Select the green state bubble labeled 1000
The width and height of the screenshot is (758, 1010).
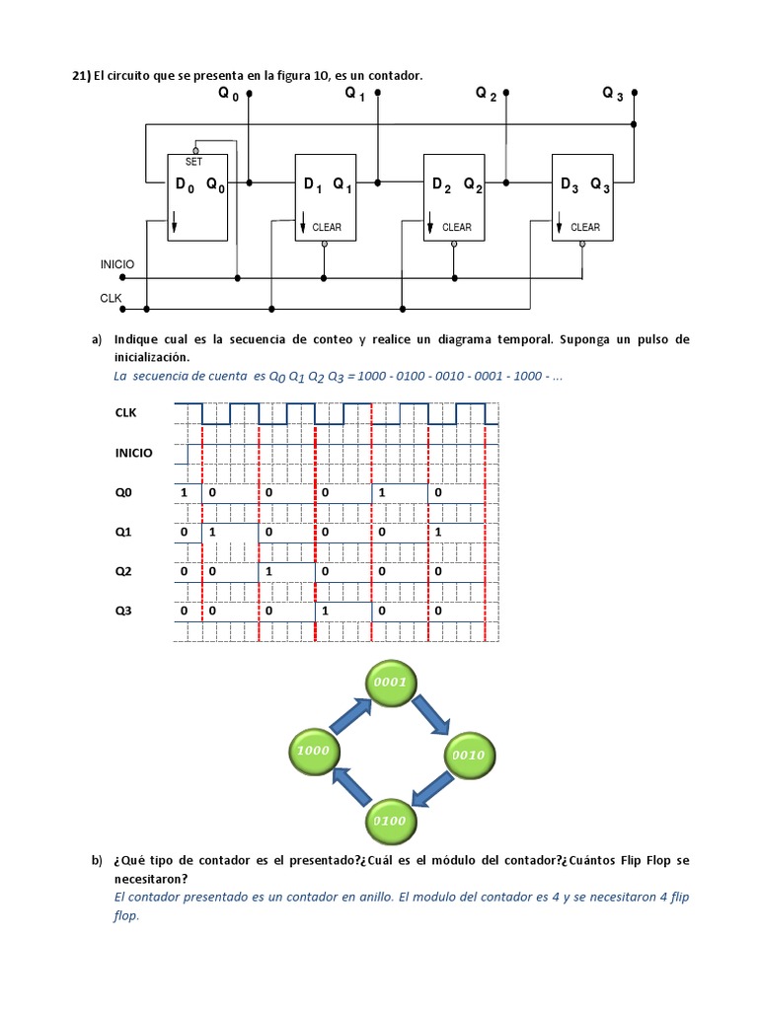(x=312, y=751)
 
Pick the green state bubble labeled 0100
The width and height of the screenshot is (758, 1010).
(x=389, y=820)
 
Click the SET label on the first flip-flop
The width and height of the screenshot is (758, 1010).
(x=193, y=162)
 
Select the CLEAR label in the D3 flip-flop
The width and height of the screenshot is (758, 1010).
(x=584, y=228)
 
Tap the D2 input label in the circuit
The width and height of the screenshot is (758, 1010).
(x=440, y=184)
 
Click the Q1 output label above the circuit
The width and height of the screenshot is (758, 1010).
(x=354, y=95)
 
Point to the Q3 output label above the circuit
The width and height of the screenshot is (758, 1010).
(x=612, y=95)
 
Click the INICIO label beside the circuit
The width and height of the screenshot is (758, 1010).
(x=117, y=265)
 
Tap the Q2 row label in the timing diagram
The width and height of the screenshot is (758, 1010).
(x=123, y=572)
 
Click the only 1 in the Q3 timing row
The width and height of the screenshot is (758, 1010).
(x=323, y=612)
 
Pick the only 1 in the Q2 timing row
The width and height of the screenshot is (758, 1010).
(x=267, y=572)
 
